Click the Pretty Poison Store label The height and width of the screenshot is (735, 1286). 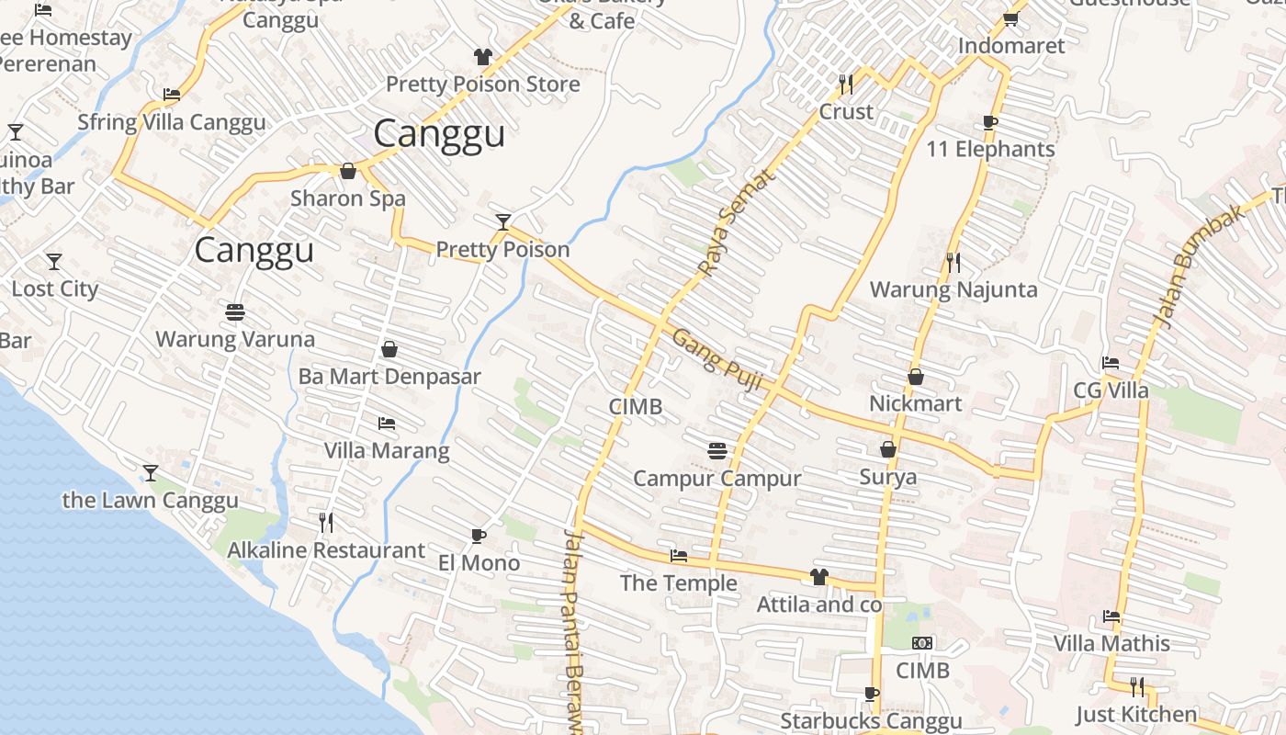pyautogui.click(x=482, y=85)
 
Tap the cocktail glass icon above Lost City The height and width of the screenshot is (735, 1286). pyautogui.click(x=54, y=262)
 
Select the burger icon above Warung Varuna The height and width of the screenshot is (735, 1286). pyautogui.click(x=235, y=311)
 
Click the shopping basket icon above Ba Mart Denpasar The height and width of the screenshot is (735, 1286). pyautogui.click(x=389, y=350)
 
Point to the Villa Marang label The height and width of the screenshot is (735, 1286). pyautogui.click(x=387, y=451)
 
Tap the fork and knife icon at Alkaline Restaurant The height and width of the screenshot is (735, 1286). pyautogui.click(x=326, y=523)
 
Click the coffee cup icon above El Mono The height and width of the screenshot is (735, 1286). pyautogui.click(x=478, y=536)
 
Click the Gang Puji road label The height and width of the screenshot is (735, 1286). pyautogui.click(x=717, y=360)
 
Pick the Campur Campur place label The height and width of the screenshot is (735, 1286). pyautogui.click(x=717, y=479)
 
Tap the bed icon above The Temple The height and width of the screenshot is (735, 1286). pyautogui.click(x=679, y=556)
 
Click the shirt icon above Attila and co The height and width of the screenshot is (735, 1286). pyautogui.click(x=818, y=577)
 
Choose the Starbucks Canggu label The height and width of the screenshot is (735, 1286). pyautogui.click(x=871, y=721)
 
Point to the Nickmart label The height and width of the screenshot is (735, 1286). pyautogui.click(x=916, y=404)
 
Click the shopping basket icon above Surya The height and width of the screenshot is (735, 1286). pyautogui.click(x=888, y=449)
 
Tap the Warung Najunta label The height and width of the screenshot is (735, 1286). pyautogui.click(x=953, y=290)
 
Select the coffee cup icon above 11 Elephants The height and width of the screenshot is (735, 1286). pyautogui.click(x=990, y=122)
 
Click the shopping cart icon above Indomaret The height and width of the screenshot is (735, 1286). pyautogui.click(x=1010, y=18)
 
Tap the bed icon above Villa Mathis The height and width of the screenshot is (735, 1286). pyautogui.click(x=1111, y=616)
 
